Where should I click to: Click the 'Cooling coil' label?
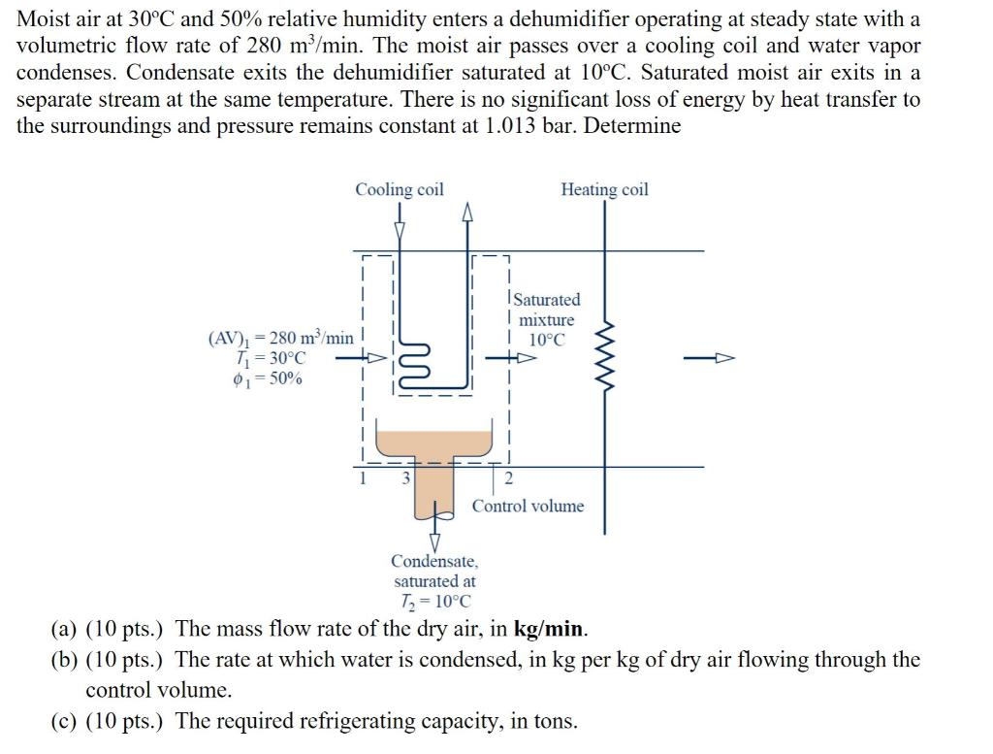(x=399, y=189)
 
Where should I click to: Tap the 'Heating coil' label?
(x=604, y=189)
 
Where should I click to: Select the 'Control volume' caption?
(x=528, y=506)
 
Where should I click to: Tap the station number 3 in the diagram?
(x=406, y=477)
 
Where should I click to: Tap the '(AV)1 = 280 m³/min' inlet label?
(x=280, y=339)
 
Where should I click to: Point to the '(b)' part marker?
(x=63, y=660)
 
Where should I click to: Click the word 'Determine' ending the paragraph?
(x=635, y=126)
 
